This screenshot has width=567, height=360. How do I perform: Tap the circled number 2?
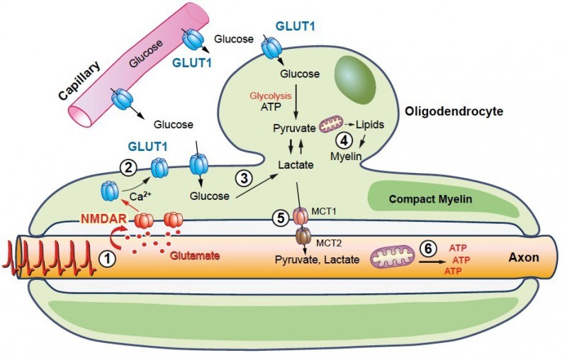point(128,168)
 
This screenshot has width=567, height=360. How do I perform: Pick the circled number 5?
point(281,219)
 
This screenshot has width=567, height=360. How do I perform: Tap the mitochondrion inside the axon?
point(391,257)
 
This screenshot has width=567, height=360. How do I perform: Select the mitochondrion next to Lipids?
point(331,126)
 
